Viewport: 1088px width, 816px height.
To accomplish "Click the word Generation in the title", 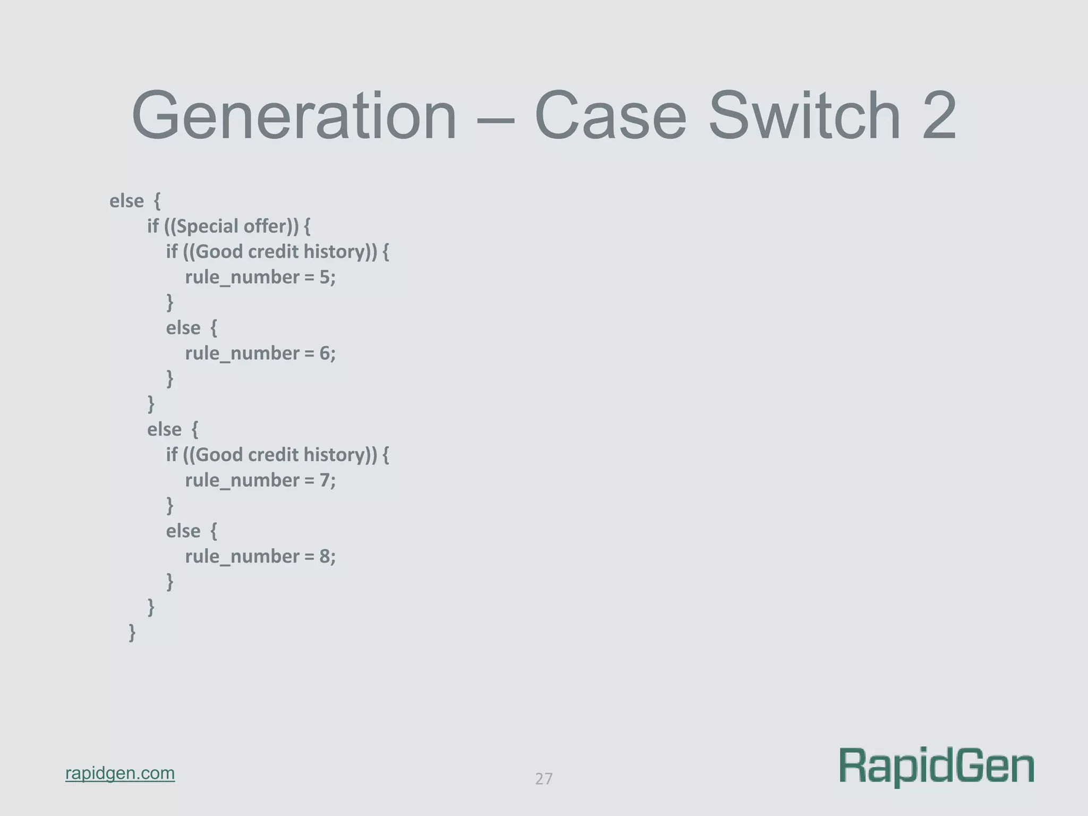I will point(294,116).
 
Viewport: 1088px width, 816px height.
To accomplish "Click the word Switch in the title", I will point(804,116).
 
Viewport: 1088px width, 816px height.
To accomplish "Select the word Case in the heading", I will point(610,116).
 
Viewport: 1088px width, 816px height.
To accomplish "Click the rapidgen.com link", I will point(120,773).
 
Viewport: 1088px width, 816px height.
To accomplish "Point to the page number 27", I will point(543,779).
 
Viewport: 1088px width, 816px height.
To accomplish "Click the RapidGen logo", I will point(937,767).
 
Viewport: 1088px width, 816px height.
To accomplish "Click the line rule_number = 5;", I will point(260,277).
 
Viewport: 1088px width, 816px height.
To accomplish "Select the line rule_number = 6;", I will point(260,353).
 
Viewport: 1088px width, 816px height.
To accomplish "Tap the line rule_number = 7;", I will point(260,480).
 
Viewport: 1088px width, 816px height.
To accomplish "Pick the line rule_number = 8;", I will point(260,556).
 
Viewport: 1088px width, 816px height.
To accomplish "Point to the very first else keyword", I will point(126,201).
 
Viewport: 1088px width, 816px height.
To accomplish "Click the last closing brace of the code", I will point(132,633).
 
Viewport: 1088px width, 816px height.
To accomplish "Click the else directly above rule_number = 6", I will point(183,328).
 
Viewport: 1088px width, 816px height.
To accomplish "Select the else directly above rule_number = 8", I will point(183,531).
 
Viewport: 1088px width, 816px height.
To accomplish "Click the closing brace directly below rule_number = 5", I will point(170,302).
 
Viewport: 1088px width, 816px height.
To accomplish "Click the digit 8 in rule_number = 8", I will point(325,556).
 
